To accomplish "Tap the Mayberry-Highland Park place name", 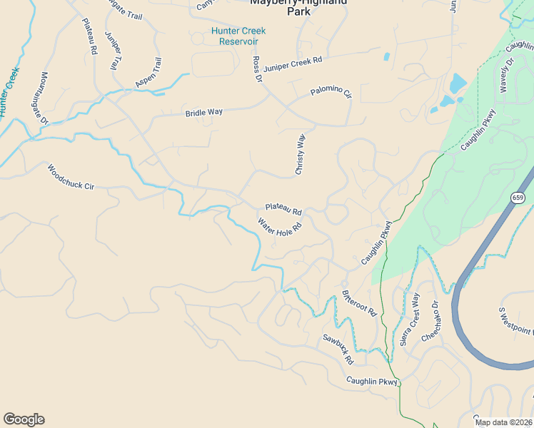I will (298, 6).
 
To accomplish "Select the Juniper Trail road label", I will (111, 51).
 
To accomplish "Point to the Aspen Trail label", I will (148, 73).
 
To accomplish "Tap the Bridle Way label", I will (204, 113).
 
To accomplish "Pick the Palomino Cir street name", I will (331, 93).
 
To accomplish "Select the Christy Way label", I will (301, 154).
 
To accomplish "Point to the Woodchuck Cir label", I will (71, 178).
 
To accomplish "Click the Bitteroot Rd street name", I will (359, 302).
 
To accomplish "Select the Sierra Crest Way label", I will (410, 318).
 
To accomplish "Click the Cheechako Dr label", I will (430, 321).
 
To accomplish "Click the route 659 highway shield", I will (518, 197).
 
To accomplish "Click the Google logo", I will (24, 419).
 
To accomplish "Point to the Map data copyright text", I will (504, 422).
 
